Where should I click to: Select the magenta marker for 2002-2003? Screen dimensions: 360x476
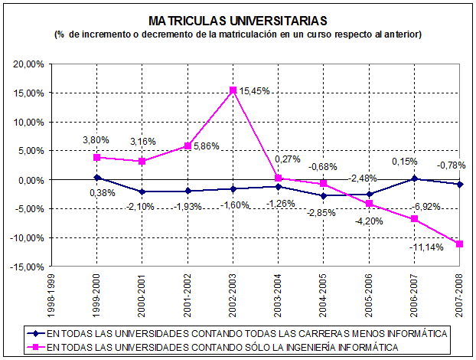coord(233,90)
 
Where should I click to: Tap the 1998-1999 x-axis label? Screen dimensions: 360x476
coord(51,295)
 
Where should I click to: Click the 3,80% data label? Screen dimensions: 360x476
coord(96,140)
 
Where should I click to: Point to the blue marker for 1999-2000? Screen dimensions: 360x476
coord(96,178)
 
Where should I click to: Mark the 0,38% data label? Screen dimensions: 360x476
coord(101,193)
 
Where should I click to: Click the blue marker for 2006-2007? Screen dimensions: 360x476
coord(415,178)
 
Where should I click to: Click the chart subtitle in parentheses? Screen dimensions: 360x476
coord(238,34)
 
